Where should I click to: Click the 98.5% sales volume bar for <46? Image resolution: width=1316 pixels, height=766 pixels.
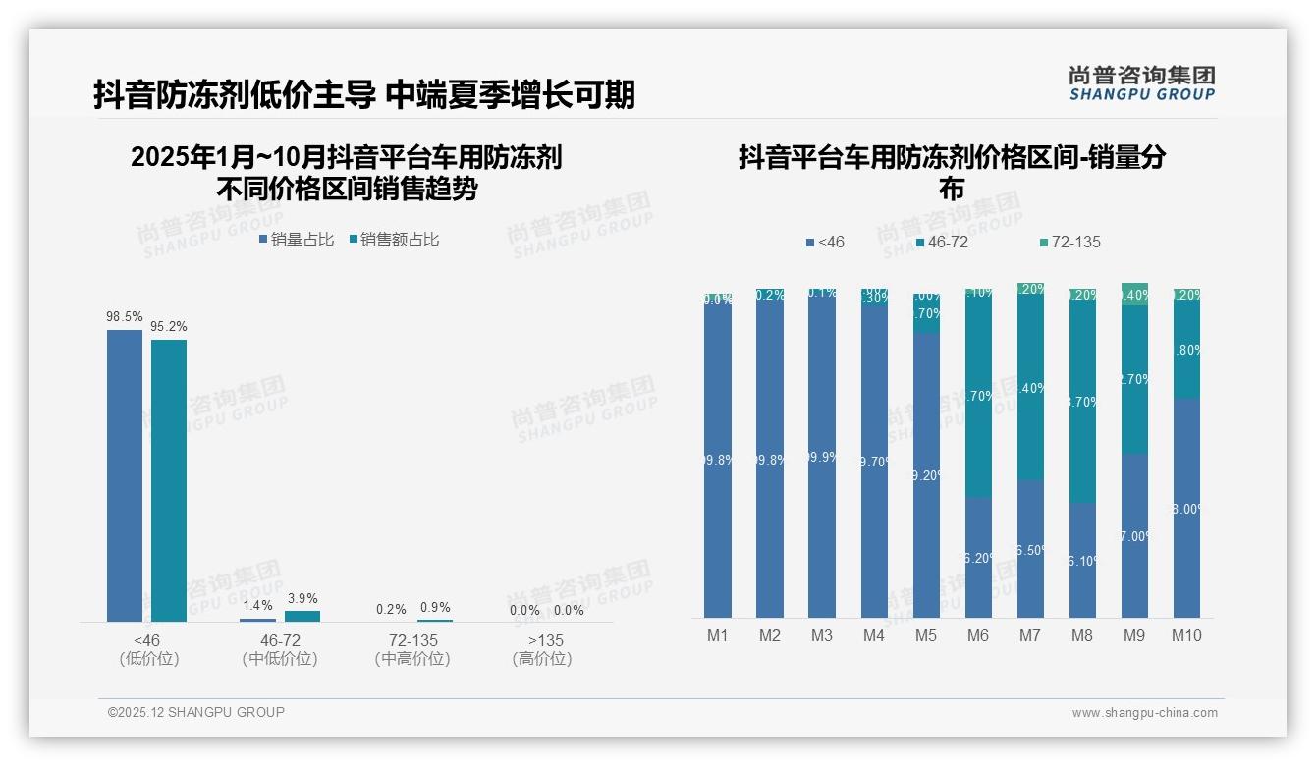click(x=125, y=475)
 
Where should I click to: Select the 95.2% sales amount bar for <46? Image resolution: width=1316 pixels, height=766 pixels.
click(x=168, y=480)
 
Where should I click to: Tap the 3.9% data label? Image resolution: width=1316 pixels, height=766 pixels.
click(x=302, y=598)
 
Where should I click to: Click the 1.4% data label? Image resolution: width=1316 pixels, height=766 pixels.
click(x=256, y=605)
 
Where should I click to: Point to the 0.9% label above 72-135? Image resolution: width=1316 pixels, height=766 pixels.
click(x=435, y=607)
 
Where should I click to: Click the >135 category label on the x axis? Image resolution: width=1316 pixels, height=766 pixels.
click(x=542, y=641)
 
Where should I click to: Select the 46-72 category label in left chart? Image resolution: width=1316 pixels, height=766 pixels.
click(x=280, y=641)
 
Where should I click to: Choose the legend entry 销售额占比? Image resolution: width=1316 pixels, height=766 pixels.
click(x=395, y=239)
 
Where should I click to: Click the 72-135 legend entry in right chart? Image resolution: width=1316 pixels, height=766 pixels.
click(x=1069, y=242)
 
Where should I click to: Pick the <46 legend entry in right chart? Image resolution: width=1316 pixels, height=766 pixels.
click(x=824, y=242)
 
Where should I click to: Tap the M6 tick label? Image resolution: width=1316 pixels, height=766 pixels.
click(x=978, y=635)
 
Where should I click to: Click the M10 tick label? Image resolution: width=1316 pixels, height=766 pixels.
click(x=1186, y=635)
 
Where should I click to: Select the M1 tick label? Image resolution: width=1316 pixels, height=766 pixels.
click(x=718, y=635)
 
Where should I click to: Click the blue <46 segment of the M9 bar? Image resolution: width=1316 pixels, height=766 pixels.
click(x=1134, y=535)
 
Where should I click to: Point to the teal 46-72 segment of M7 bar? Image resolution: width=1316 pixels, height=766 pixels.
click(x=1030, y=388)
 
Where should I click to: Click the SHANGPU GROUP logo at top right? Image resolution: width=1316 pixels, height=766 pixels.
click(x=1141, y=83)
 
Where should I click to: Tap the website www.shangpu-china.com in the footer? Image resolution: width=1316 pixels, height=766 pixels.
click(x=1144, y=713)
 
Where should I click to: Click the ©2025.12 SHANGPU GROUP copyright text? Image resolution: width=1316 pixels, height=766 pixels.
click(x=196, y=712)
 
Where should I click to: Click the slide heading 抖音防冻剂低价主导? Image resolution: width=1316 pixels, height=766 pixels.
click(x=235, y=94)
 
